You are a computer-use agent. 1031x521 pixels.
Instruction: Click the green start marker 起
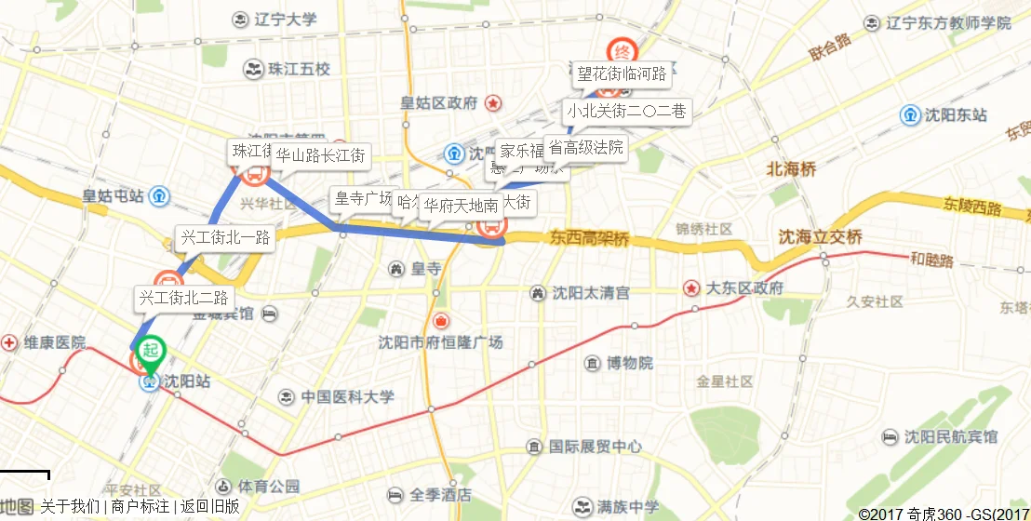coord(150,352)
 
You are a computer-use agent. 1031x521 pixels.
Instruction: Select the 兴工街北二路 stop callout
coord(183,299)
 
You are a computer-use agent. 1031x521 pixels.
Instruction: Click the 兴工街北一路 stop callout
coord(225,238)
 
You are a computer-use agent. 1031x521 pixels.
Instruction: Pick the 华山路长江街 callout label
coord(320,155)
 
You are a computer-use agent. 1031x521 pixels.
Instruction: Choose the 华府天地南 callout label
coord(461,206)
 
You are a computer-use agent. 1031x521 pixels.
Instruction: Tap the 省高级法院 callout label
coord(585,147)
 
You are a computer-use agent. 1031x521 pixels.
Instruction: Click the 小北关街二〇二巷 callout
coord(627,112)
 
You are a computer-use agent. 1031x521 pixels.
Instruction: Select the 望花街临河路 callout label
coord(622,73)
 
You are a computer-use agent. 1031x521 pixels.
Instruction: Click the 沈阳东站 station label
coord(956,115)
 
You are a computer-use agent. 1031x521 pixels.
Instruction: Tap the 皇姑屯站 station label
coord(113,195)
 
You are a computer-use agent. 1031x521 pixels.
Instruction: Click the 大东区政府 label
coord(744,287)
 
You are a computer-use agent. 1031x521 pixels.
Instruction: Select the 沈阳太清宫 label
coord(590,293)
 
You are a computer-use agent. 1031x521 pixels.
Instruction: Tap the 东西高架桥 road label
coord(589,239)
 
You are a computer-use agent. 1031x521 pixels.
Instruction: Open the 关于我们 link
coord(70,506)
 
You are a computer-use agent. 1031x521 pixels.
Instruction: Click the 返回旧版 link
coord(209,506)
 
